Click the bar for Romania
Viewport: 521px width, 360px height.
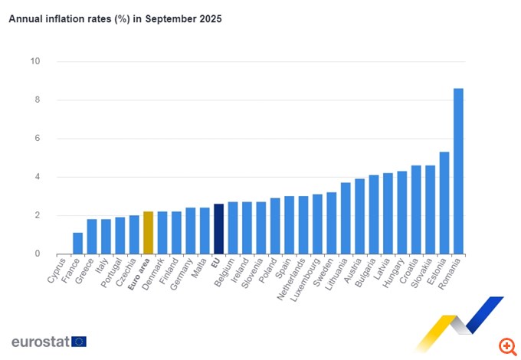coord(458,172)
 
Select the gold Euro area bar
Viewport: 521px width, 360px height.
coord(149,233)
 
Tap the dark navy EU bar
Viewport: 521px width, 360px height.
coord(218,229)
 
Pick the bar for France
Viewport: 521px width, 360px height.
coord(77,244)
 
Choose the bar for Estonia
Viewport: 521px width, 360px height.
coord(444,203)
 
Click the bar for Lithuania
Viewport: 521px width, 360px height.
coord(346,218)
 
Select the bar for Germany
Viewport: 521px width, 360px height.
coord(190,231)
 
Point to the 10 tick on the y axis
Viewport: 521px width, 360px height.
coord(35,61)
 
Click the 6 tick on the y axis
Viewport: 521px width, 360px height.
coord(36,139)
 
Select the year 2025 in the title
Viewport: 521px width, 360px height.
coord(208,19)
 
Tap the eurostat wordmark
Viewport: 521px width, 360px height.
coord(39,342)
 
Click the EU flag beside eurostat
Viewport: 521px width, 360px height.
coord(79,342)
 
